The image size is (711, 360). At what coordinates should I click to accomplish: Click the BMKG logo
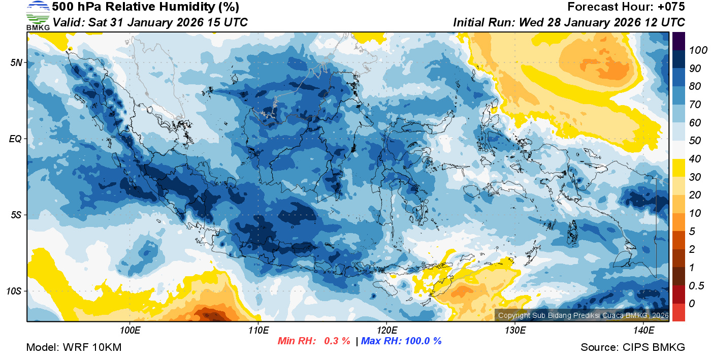tap(38, 15)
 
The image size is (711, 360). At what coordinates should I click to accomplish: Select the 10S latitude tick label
tap(13, 291)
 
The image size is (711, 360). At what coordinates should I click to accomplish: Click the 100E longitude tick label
tap(130, 331)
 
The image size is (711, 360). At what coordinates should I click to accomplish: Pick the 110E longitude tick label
tap(258, 331)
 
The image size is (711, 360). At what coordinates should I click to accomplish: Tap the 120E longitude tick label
tap(386, 331)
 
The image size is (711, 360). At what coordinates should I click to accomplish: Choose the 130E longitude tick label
tap(515, 331)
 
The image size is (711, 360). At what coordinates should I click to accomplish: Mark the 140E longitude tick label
tap(643, 331)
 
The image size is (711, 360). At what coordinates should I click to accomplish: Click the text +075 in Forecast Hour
tap(670, 7)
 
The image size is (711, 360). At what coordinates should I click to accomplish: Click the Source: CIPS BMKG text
tap(633, 347)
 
